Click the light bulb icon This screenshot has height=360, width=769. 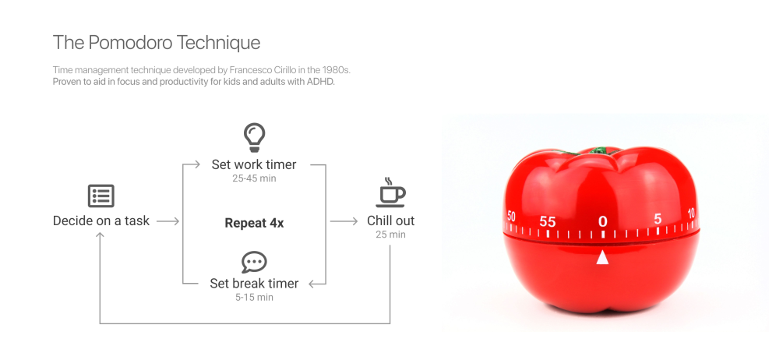[254, 137]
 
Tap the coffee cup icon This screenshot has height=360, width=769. [390, 192]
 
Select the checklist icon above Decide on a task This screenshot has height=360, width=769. [101, 196]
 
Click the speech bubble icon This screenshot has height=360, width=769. [254, 263]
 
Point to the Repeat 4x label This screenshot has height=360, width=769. [254, 223]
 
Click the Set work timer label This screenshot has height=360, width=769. [254, 164]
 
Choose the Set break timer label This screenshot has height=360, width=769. [254, 284]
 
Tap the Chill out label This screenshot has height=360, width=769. [391, 221]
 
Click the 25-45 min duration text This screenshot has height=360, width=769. [254, 178]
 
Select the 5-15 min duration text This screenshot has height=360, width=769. [254, 297]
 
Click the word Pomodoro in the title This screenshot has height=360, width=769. [131, 43]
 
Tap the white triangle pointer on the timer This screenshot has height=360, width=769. [602, 257]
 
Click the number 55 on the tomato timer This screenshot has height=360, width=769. [547, 222]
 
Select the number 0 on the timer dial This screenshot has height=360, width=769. [603, 221]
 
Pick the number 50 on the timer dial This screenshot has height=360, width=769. [511, 217]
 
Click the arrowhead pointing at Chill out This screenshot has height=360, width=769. [355, 222]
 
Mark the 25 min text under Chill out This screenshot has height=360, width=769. [391, 235]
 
